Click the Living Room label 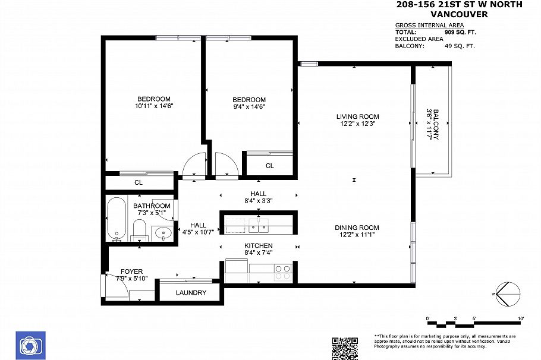coord(357,116)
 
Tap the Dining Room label coord(357,228)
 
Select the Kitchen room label coord(259,245)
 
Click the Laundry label coord(191,293)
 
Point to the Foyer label coord(131,271)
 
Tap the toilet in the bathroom coord(139,229)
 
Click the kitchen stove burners coord(282,272)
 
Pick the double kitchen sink coord(259,226)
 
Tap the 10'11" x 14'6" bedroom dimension coord(153,106)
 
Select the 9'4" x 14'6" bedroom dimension coord(249,107)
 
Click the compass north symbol coord(507,293)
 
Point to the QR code coord(345,348)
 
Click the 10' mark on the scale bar coord(520,320)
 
